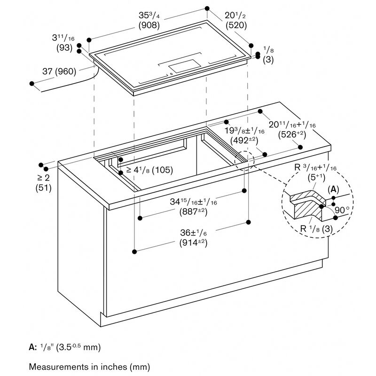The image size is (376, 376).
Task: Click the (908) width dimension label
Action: (149, 25)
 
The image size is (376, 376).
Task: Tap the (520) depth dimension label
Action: (236, 25)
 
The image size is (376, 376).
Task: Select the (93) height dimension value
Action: (64, 48)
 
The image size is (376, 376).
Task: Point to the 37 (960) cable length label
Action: (59, 71)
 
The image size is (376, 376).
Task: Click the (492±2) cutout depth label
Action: (244, 140)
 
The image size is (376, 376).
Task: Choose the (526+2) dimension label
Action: (292, 134)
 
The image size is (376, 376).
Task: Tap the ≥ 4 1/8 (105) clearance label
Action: (149, 170)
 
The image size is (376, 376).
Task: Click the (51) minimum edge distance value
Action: (43, 188)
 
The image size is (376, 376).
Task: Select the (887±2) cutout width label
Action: (193, 211)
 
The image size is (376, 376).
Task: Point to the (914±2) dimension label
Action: (193, 243)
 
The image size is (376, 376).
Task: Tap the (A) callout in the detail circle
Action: (333, 190)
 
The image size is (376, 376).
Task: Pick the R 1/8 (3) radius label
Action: (316, 228)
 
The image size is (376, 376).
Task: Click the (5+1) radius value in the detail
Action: (316, 178)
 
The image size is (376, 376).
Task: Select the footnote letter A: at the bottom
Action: (33, 347)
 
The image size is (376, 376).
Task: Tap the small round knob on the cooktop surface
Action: (171, 74)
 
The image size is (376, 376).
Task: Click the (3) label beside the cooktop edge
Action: (268, 60)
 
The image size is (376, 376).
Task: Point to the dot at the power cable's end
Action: (32, 84)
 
